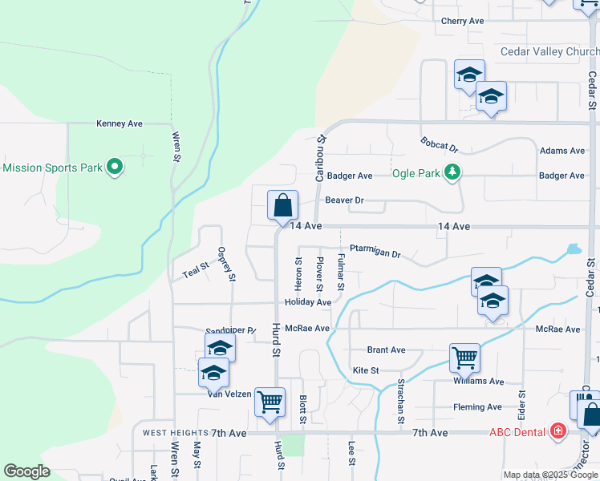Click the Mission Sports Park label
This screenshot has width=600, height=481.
point(52,168)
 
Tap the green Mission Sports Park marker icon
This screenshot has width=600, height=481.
point(114,168)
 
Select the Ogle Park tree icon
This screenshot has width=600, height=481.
point(453,172)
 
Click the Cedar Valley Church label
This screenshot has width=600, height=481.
point(549,51)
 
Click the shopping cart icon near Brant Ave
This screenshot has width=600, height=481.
point(465,358)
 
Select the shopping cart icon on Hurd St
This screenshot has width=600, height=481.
point(270,402)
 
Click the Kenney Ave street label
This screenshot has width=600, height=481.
point(120,123)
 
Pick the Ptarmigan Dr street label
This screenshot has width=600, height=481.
point(375,253)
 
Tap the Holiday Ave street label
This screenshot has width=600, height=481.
point(307,302)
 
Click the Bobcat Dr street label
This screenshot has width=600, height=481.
point(439,145)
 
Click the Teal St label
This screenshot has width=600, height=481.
point(196,271)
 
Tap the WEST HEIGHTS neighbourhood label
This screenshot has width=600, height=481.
point(171,433)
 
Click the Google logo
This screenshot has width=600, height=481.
point(26,471)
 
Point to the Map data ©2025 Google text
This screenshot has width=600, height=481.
point(549,475)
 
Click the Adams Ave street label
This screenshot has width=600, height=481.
point(562,151)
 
